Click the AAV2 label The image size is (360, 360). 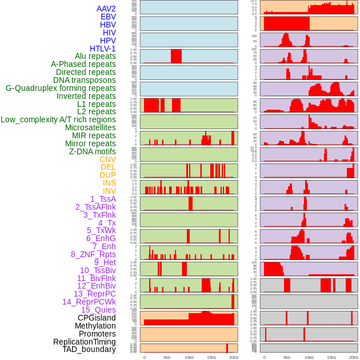point(106,9)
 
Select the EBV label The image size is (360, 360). point(108,17)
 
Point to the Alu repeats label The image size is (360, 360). point(95,56)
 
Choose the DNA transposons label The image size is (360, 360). point(85,80)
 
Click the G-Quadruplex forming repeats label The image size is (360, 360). point(61,88)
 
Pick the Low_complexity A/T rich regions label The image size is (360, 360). point(58,119)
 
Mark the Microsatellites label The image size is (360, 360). point(90,127)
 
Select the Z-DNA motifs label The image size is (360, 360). point(92,151)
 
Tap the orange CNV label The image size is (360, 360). point(107,159)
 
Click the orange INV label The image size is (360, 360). point(109,191)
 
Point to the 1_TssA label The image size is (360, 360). point(103,199)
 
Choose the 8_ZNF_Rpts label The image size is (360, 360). point(93,254)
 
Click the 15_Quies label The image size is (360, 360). point(98,310)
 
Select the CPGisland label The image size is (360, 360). point(97,318)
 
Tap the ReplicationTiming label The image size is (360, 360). point(84,342)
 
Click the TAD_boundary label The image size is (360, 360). point(89,349)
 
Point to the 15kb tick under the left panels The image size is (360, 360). point(211,357)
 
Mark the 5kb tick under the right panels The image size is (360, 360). point(286,357)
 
